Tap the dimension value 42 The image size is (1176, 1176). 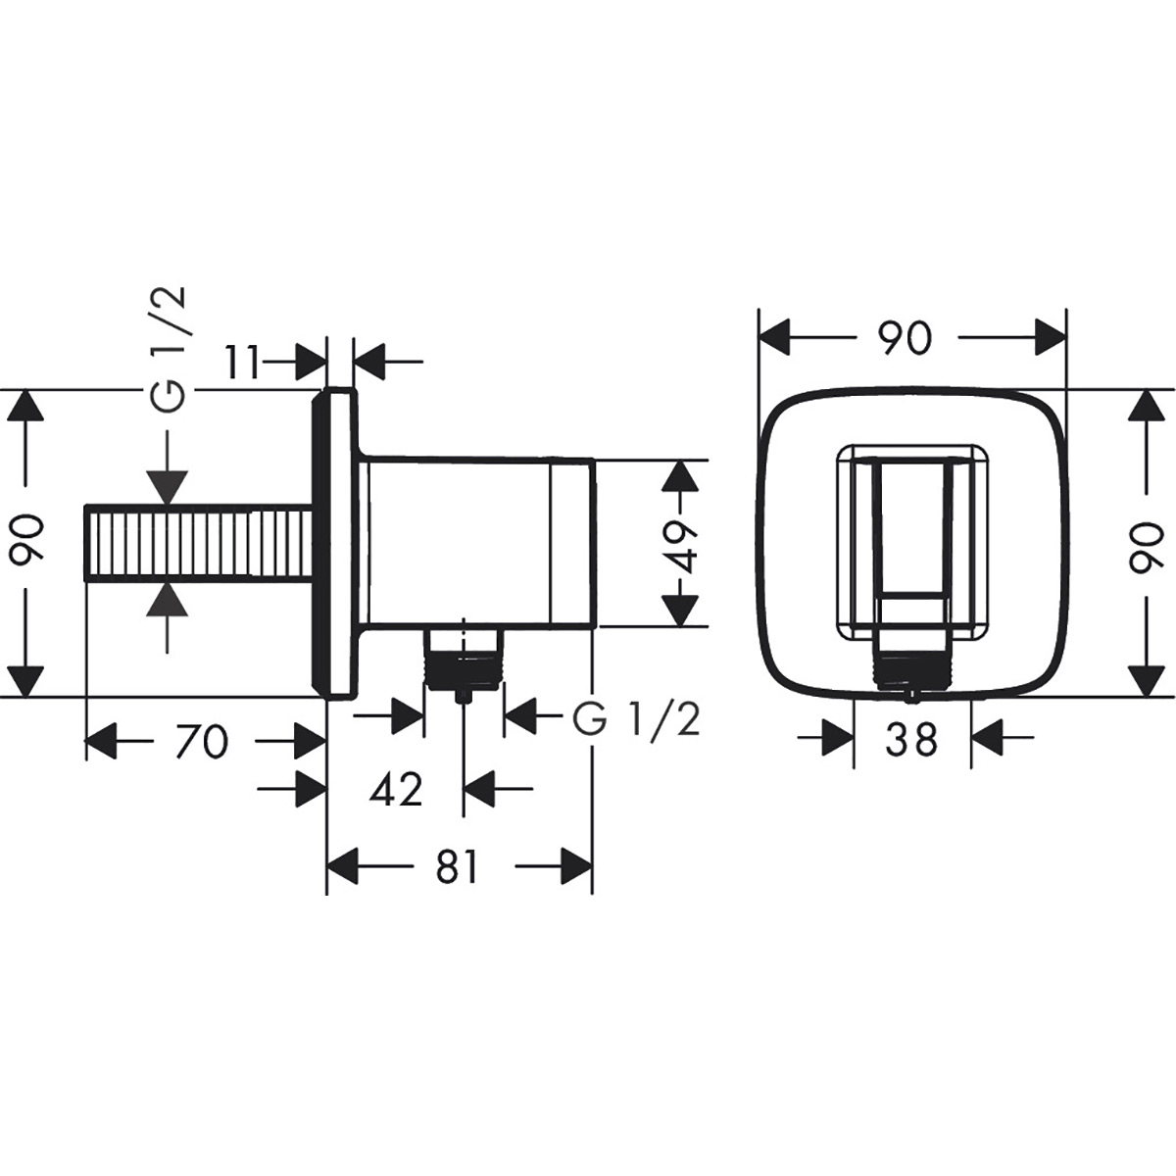click(396, 788)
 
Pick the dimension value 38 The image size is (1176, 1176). click(911, 740)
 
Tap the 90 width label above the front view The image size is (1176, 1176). click(903, 338)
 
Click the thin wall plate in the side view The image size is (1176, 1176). click(336, 544)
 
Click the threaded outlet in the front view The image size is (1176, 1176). click(911, 670)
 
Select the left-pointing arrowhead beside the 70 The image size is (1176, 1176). click(102, 740)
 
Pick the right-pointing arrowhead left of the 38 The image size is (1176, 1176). click(837, 737)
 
